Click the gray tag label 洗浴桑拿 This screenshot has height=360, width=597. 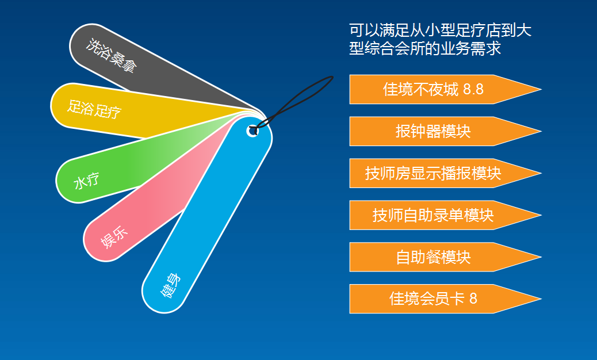click(x=111, y=56)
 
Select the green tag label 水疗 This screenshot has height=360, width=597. click(x=86, y=181)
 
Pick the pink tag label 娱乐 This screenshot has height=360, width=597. click(x=114, y=237)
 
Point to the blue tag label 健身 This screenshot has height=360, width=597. click(x=170, y=285)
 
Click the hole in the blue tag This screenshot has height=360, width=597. click(x=252, y=131)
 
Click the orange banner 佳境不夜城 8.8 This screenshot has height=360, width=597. click(x=445, y=90)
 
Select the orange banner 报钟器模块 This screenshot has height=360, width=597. click(x=445, y=131)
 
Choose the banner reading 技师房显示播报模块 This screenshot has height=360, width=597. click(x=445, y=173)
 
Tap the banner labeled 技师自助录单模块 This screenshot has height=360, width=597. click(x=445, y=215)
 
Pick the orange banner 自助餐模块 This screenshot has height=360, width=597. click(x=445, y=257)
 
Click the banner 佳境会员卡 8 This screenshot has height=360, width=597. click(x=445, y=298)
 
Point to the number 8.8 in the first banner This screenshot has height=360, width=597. click(x=473, y=90)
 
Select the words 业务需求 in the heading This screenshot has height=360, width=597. click(x=470, y=48)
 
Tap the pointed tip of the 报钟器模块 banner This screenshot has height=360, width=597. click(x=541, y=131)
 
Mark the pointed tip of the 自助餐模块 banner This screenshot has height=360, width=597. click(x=541, y=257)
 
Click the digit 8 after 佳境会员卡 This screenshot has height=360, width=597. click(x=473, y=298)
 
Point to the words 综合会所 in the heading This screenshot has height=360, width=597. click(x=395, y=48)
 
